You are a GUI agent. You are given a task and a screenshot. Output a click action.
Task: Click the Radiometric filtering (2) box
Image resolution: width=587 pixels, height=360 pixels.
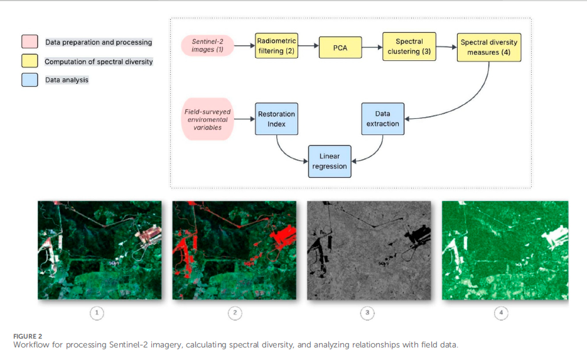click(x=277, y=46)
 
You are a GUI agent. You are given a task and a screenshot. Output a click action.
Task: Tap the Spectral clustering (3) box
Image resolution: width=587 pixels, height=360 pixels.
click(x=409, y=46)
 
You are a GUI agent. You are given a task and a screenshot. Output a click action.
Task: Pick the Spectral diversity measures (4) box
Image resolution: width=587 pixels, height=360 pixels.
click(x=489, y=46)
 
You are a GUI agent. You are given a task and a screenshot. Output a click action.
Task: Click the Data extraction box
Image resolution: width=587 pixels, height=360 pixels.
click(x=382, y=119)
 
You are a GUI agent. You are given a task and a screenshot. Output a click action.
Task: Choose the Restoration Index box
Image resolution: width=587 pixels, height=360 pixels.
click(x=276, y=119)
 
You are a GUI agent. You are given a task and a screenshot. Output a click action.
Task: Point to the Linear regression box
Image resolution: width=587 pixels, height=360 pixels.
click(x=330, y=160)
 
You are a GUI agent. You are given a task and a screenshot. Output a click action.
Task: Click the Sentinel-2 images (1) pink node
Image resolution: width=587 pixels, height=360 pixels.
click(x=207, y=45)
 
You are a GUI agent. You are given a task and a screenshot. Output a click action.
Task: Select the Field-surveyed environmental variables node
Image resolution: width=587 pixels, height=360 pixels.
click(x=207, y=119)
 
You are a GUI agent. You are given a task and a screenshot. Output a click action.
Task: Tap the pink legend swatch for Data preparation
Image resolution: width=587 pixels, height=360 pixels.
click(x=30, y=42)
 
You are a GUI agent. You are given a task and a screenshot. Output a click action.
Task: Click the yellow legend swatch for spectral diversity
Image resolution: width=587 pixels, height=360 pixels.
click(x=30, y=61)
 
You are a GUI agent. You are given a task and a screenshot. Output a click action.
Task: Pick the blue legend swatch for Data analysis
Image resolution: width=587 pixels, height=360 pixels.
click(x=30, y=80)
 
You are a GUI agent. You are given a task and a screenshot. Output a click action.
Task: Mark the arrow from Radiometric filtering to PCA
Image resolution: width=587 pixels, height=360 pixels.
click(x=308, y=46)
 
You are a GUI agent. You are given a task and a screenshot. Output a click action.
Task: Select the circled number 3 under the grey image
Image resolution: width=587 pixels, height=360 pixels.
click(x=367, y=312)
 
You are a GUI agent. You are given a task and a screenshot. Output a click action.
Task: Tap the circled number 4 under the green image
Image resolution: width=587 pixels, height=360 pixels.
click(x=500, y=312)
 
